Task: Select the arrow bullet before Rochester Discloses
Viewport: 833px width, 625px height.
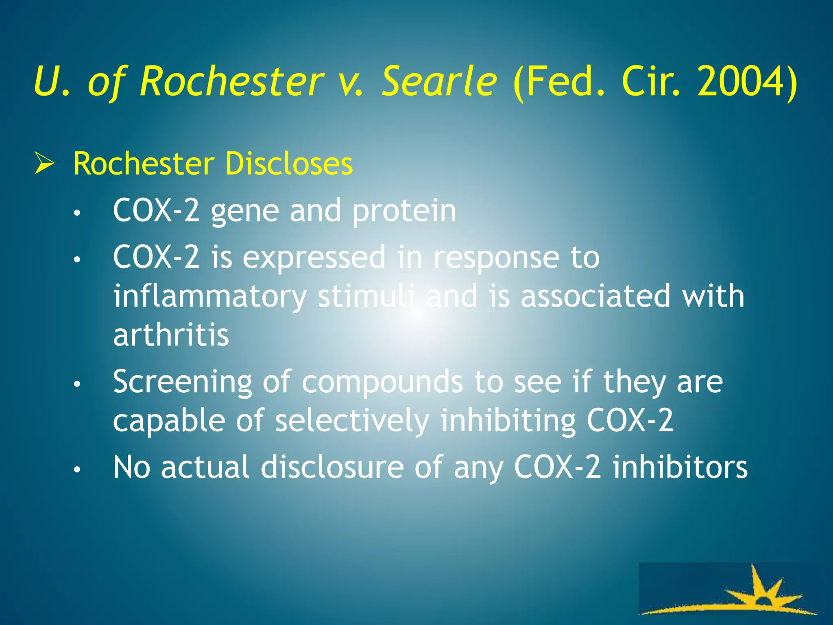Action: point(44,164)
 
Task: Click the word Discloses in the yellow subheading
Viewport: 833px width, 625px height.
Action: point(288,164)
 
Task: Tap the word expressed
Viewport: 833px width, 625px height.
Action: point(314,258)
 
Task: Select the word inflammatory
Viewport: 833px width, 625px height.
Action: point(209,296)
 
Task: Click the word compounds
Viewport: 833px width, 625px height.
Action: point(382,382)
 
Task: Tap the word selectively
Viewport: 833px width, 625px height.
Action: point(352,421)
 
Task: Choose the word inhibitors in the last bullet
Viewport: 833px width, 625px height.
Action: point(680,467)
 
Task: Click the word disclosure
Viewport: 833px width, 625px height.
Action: point(332,467)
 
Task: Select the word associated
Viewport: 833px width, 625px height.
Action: point(595,296)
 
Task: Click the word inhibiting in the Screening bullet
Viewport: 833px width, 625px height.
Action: point(508,421)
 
